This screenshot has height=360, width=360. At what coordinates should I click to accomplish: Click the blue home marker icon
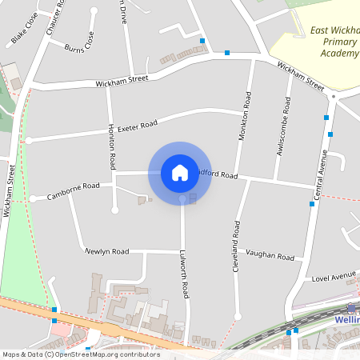point(180,173)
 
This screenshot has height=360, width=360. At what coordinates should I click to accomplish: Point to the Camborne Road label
point(73,190)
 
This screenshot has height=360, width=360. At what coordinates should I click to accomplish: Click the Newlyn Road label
point(107,251)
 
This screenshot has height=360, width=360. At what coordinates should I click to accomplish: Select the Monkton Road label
point(245,116)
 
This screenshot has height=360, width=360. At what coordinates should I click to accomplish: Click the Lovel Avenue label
point(334,278)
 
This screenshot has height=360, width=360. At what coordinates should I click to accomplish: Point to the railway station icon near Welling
point(351,308)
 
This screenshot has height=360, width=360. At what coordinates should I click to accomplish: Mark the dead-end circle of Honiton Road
point(115,210)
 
